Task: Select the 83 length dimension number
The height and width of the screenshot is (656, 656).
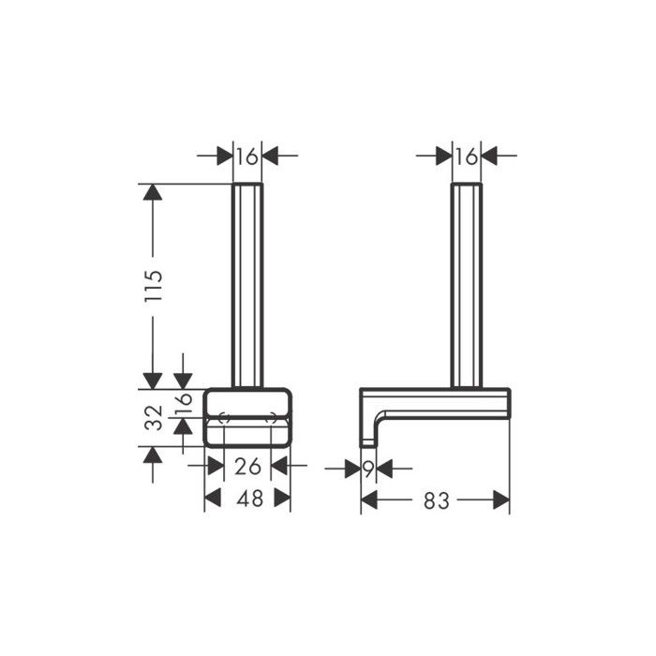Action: (436, 500)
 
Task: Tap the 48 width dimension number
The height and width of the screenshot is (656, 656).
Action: (248, 499)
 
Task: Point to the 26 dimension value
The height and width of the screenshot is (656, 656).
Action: (248, 465)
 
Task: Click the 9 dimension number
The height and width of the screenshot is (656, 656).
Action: (368, 466)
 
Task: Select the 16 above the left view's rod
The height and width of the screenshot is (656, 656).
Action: (246, 157)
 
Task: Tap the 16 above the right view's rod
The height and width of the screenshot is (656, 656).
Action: (466, 157)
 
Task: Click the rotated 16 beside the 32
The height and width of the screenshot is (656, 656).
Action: (184, 404)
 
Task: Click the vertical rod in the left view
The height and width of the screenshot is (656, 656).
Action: (247, 281)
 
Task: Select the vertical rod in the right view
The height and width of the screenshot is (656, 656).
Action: (466, 281)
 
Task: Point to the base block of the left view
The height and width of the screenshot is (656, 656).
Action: (247, 417)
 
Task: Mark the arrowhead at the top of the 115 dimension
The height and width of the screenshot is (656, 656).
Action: (152, 193)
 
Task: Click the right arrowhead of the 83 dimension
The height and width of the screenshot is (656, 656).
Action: (500, 500)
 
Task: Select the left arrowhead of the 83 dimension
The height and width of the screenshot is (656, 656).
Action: (369, 500)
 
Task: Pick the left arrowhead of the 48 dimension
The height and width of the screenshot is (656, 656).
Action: (214, 499)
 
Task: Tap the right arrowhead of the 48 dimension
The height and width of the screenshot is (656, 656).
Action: (282, 499)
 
